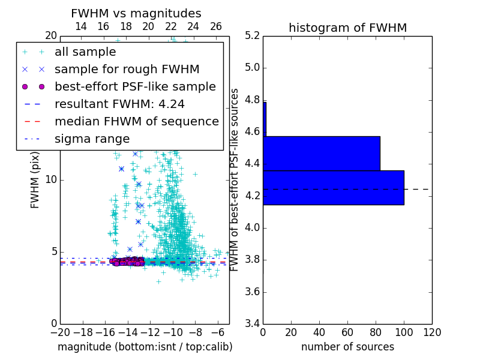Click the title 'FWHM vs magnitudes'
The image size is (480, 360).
136,13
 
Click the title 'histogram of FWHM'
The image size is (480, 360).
347,28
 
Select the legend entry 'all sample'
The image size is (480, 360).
85,52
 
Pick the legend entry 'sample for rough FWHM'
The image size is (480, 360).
127,70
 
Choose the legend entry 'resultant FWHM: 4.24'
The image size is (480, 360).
119,104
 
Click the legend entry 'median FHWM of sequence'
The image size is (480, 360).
136,122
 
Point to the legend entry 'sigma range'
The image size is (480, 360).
92,139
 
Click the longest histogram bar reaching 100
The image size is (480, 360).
333,188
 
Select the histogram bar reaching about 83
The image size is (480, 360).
321,154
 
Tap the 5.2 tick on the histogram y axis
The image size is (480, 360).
253,35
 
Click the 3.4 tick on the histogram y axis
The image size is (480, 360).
253,324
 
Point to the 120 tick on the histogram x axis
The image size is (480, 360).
432,332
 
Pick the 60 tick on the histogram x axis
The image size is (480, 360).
347,332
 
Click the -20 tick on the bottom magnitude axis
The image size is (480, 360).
60,332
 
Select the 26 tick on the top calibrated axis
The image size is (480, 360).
216,26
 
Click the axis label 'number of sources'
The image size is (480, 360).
347,347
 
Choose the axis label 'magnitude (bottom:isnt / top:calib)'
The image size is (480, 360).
145,347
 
